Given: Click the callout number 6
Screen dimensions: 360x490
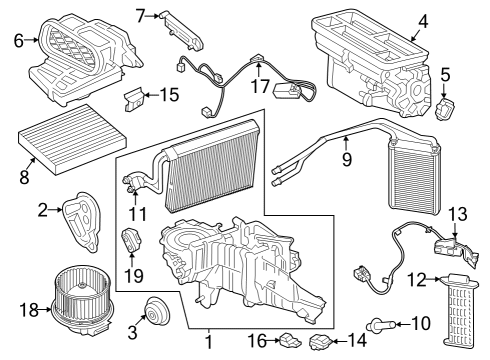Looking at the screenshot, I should (x=18, y=40).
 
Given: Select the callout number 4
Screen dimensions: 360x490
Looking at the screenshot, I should (x=423, y=19).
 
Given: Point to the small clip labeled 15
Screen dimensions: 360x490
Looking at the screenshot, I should (x=133, y=99).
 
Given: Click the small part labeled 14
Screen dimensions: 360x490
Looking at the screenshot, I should (x=322, y=342).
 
